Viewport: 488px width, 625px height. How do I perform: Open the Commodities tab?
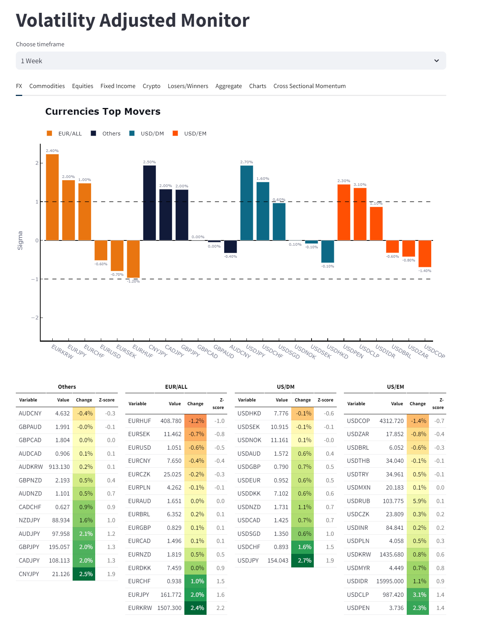pos(47,86)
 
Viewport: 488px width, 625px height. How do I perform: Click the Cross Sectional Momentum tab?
pos(309,86)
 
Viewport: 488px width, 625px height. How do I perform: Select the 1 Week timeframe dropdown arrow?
pos(436,61)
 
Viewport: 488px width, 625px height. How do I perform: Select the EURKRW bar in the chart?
pos(52,197)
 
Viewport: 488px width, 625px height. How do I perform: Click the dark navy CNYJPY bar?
pos(149,203)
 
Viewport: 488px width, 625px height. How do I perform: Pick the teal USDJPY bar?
pos(246,203)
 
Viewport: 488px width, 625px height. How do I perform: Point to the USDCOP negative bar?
pos(425,254)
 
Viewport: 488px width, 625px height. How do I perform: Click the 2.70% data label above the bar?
pos(246,162)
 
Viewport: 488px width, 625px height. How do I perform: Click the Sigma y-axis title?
pos(20,240)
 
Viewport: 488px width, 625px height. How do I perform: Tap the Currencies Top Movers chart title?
pos(103,112)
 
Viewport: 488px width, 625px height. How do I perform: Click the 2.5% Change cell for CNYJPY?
pos(84,574)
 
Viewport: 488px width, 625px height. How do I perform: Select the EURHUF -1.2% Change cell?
pos(196,421)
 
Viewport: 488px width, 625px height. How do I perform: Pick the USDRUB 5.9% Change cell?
pos(418,501)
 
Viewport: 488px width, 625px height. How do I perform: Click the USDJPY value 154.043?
pos(278,560)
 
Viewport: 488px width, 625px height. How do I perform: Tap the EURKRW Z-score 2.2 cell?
pos(220,608)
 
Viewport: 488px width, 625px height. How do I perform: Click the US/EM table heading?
pos(395,387)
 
